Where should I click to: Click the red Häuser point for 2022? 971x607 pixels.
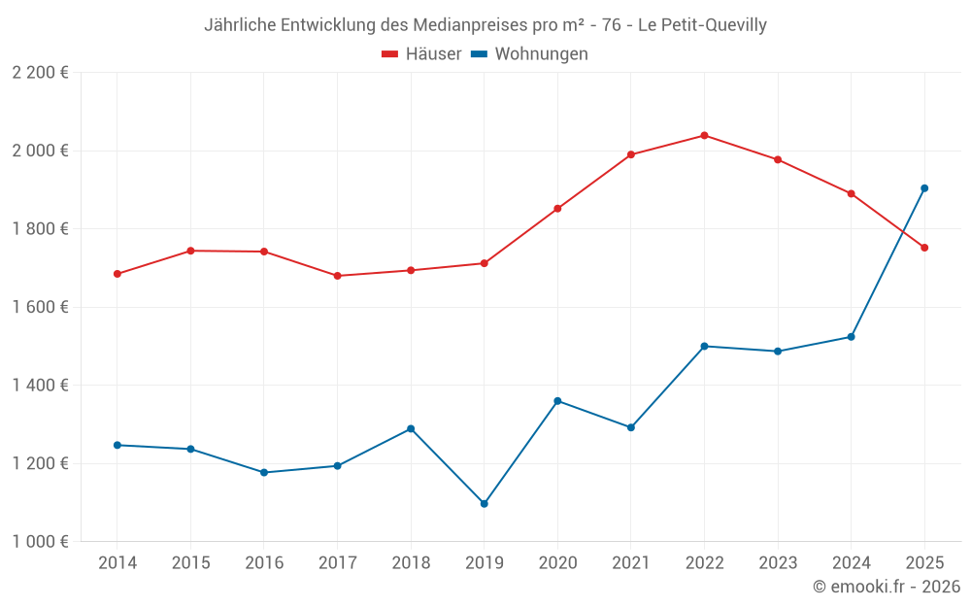[x=704, y=135]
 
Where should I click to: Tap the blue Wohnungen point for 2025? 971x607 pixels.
[x=924, y=188]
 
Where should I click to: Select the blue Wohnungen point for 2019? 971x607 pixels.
[x=484, y=504]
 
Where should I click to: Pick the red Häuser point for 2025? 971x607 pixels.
[x=924, y=248]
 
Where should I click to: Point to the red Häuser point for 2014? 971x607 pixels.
[x=117, y=274]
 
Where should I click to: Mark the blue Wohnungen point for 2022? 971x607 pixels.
[x=704, y=346]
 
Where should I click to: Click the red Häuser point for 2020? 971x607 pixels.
[x=557, y=209]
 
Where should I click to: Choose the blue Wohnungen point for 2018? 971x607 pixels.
[x=411, y=428]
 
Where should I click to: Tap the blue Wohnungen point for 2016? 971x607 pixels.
[x=264, y=473]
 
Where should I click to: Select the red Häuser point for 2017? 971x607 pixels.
[x=337, y=276]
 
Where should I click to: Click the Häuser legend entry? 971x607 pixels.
[x=421, y=54]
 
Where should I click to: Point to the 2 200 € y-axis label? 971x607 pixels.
[x=41, y=73]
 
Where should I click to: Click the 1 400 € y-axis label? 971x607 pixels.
[x=41, y=386]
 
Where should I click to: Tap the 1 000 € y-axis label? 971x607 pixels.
[x=41, y=542]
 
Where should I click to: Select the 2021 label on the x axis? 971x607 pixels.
[x=630, y=563]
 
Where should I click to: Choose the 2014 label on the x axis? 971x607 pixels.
[x=117, y=563]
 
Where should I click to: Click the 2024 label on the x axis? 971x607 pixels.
[x=851, y=563]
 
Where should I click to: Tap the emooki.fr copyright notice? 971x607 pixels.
[x=887, y=587]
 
